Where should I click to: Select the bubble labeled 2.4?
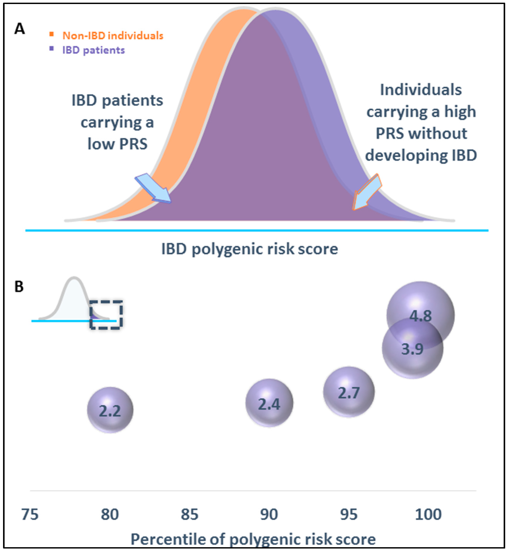point(269,403)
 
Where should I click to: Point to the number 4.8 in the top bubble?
point(421,316)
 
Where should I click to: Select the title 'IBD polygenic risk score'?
point(250,249)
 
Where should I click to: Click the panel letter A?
point(19,29)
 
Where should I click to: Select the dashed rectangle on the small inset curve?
point(106,315)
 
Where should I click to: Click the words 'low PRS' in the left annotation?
point(117,144)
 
